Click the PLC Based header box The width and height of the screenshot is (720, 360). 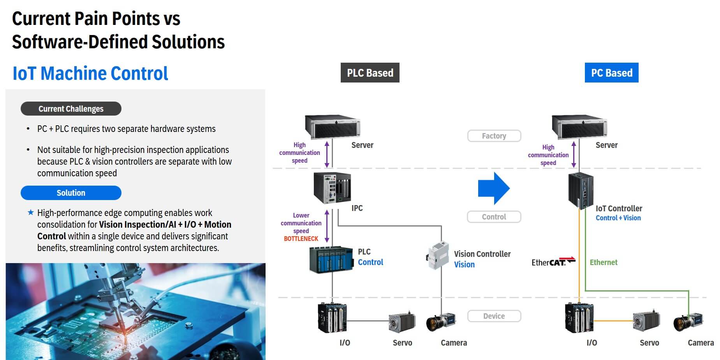coord(370,73)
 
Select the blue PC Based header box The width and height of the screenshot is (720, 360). coord(611,73)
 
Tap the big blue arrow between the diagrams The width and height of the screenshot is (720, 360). coord(493,188)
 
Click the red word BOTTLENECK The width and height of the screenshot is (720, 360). coord(301,239)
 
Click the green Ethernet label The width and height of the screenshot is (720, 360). coord(603,262)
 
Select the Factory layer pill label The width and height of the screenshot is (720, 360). coord(494,136)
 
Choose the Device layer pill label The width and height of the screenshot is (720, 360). coord(494,316)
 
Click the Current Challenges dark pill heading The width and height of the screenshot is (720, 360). coord(71,109)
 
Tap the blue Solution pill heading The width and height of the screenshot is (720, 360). coord(71,193)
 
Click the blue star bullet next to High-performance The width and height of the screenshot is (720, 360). coord(31,212)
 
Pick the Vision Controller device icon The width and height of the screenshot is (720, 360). coord(437,255)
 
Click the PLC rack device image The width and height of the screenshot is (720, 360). coord(331,259)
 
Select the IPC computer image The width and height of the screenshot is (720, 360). coord(332,188)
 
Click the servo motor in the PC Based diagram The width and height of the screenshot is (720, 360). coord(646,321)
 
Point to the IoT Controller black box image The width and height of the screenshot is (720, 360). coord(581,191)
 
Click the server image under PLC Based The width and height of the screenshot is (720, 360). coord(332,126)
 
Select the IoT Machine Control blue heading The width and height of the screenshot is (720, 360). coord(90,73)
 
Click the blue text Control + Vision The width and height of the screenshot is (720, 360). coord(618,218)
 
